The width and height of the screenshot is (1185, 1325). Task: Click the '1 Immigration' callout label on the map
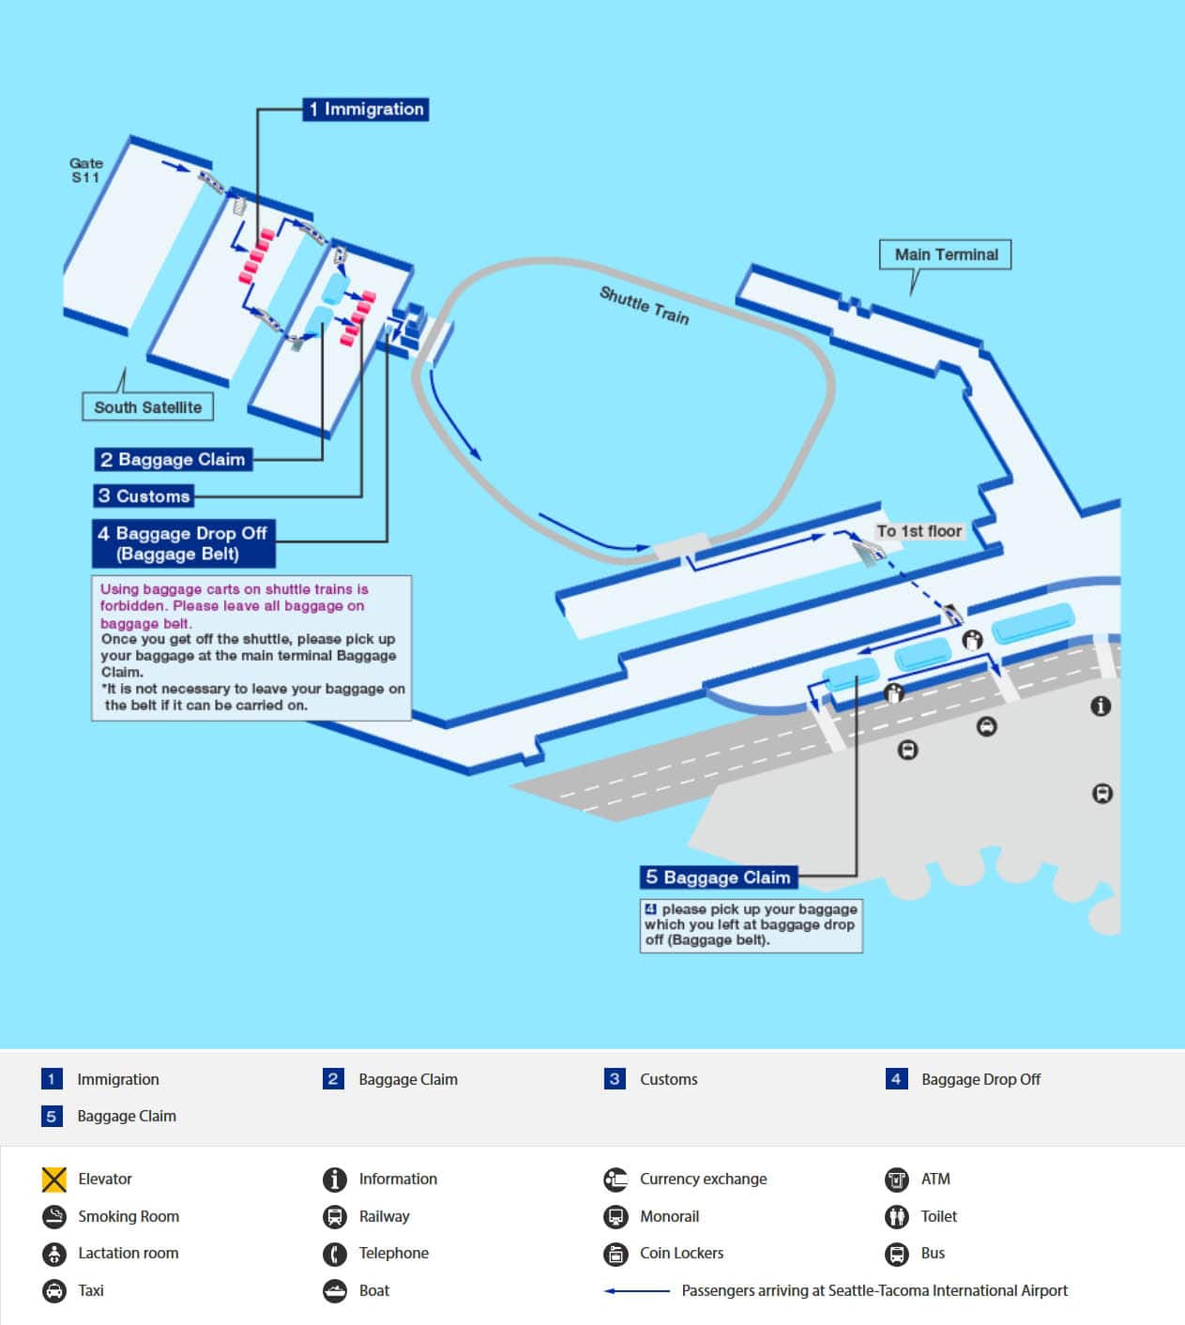pyautogui.click(x=366, y=109)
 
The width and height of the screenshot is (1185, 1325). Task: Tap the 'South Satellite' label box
pyautogui.click(x=148, y=406)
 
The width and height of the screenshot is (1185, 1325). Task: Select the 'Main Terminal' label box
pyautogui.click(x=945, y=254)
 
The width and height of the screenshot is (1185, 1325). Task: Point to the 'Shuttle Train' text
pyautogui.click(x=645, y=305)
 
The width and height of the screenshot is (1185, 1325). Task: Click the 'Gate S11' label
pyautogui.click(x=85, y=170)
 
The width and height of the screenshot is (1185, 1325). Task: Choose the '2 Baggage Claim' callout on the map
pyautogui.click(x=174, y=459)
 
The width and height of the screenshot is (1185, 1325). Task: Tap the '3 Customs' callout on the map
pyautogui.click(x=144, y=495)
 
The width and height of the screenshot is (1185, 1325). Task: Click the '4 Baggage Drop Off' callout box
pyautogui.click(x=184, y=543)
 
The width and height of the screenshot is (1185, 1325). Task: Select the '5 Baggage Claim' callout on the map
pyautogui.click(x=719, y=877)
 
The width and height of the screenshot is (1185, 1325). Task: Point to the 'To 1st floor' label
pyautogui.click(x=919, y=531)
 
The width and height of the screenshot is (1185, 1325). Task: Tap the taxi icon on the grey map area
pyautogui.click(x=986, y=726)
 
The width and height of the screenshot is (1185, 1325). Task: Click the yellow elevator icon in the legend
pyautogui.click(x=54, y=1180)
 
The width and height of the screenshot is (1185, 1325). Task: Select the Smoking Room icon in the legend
pyautogui.click(x=54, y=1216)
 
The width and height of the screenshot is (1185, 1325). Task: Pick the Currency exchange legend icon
pyautogui.click(x=615, y=1180)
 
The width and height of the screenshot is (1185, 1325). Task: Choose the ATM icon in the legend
pyautogui.click(x=897, y=1180)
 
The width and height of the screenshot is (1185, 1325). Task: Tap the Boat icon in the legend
pyautogui.click(x=335, y=1291)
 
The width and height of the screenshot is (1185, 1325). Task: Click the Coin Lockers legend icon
pyautogui.click(x=615, y=1254)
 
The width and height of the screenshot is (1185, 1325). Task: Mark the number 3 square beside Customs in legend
pyautogui.click(x=615, y=1079)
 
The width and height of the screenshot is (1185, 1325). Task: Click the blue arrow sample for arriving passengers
pyautogui.click(x=636, y=1291)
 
